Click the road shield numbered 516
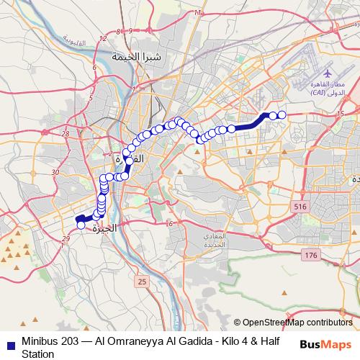[x=300, y=207]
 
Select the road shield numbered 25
[x=142, y=281]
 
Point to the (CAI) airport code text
[x=318, y=94]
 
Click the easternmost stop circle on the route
[x=282, y=115]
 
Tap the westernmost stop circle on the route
[x=81, y=225]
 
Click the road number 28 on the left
[x=66, y=133]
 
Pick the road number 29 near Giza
[x=66, y=238]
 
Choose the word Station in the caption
[x=38, y=354]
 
